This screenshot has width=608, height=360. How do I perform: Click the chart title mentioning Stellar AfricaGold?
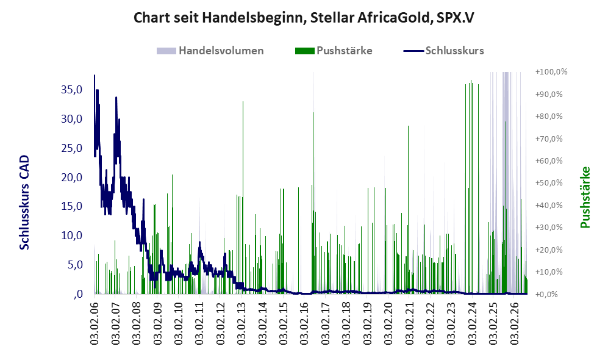[304, 18]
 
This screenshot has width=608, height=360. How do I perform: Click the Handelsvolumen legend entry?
[210, 51]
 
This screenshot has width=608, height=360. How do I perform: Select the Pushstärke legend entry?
[334, 51]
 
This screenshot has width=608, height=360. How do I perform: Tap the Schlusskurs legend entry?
[443, 51]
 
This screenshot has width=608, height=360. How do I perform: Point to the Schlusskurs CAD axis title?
[24, 202]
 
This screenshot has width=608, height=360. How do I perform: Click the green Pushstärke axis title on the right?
[585, 197]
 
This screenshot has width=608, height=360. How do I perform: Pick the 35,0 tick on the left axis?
[72, 90]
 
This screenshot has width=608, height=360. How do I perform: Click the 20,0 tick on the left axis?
[72, 178]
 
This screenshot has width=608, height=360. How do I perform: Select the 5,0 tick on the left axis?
[75, 265]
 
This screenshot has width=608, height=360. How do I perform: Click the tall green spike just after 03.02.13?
[243, 197]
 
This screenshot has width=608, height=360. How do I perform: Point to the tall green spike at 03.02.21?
[408, 209]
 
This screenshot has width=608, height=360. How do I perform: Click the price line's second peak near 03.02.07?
[115, 98]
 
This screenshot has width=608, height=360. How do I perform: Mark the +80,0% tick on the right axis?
[549, 117]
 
